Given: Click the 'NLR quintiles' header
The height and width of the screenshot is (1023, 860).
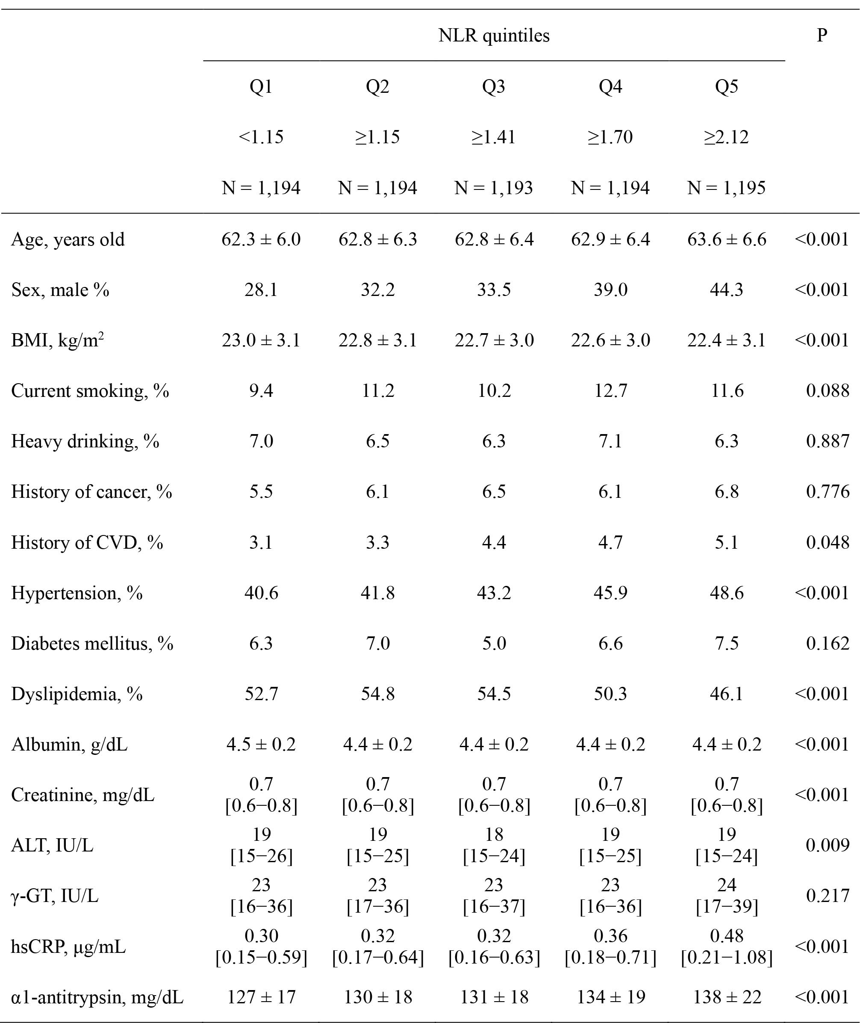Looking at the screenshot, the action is (x=494, y=35).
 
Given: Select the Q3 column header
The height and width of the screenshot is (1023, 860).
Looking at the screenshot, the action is (x=494, y=86).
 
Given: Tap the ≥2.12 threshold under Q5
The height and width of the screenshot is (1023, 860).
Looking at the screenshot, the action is (x=726, y=137).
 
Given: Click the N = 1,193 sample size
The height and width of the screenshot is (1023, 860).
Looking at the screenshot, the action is (x=494, y=188).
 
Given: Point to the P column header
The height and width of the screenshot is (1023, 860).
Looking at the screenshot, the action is (x=822, y=35).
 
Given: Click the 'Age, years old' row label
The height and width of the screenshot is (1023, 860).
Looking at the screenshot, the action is (x=68, y=239).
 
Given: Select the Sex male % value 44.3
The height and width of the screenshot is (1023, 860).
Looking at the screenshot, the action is (x=726, y=290).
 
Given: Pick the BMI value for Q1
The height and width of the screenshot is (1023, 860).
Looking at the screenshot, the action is (x=261, y=340).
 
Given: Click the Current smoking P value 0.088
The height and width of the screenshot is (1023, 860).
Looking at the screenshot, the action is (x=828, y=391).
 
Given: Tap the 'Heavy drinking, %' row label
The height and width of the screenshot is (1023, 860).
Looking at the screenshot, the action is (x=85, y=441).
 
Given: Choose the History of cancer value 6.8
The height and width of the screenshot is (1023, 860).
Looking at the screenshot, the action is (x=726, y=492).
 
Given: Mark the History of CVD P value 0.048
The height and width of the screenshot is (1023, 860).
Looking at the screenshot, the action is (x=828, y=542).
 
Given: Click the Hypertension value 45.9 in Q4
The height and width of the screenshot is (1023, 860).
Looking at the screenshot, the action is (x=610, y=593).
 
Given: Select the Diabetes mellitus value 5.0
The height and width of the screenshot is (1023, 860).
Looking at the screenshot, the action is (x=494, y=644).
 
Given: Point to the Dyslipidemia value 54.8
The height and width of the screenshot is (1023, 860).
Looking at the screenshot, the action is (x=378, y=694).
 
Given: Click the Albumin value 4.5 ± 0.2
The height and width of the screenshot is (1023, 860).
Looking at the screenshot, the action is (x=261, y=745).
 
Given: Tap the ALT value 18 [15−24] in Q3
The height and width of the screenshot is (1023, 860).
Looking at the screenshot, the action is (x=494, y=846).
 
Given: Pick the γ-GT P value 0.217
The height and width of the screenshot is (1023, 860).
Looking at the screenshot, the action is (x=828, y=896).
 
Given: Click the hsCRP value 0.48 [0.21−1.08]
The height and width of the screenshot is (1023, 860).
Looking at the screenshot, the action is (x=726, y=946).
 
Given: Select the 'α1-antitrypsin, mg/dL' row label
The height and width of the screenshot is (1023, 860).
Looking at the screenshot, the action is (x=97, y=997).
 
